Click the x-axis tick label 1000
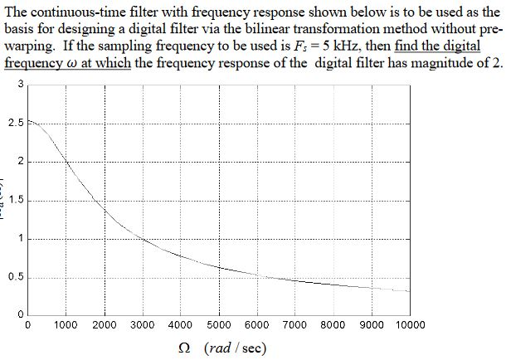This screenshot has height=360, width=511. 67,325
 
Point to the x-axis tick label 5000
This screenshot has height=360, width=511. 219,325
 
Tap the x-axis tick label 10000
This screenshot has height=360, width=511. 406,325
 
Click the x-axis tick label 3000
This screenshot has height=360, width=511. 143,325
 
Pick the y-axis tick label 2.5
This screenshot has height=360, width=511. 14,123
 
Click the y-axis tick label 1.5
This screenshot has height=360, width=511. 14,201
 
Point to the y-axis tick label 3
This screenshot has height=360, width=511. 20,85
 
